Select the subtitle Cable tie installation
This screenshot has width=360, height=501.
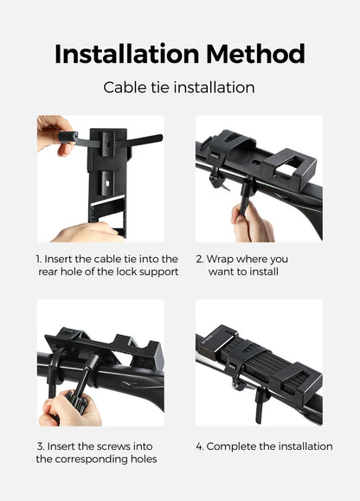(x=179, y=87)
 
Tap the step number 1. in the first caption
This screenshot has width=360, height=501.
(x=40, y=259)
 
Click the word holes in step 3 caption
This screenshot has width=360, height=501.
(x=142, y=459)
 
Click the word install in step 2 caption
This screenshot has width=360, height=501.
(x=260, y=272)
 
